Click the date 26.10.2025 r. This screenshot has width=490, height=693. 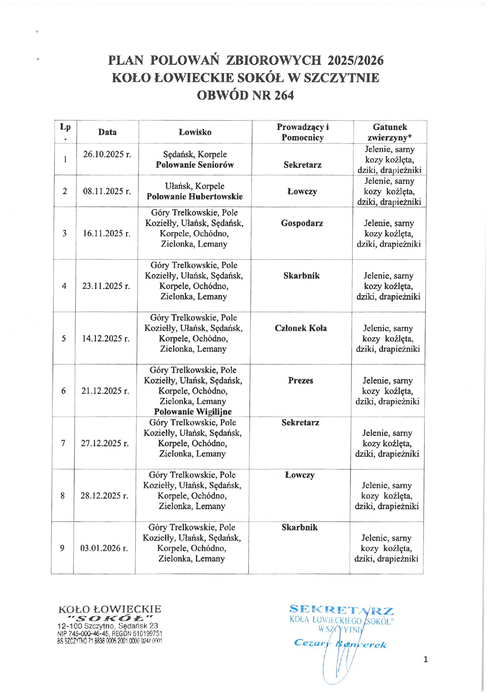click(107, 154)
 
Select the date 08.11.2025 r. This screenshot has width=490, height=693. click(107, 191)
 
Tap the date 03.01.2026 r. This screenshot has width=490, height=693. click(104, 548)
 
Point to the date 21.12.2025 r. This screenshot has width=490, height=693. click(105, 391)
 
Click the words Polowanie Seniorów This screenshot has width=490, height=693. click(195, 165)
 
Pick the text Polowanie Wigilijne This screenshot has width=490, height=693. click(193, 412)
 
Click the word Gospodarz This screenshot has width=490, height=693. click(302, 223)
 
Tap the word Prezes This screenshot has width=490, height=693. click(300, 381)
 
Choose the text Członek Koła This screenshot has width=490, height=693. click(301, 328)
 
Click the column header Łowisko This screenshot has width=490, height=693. click(195, 132)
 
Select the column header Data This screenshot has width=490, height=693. click(107, 132)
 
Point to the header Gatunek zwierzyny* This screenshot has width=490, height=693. click(390, 132)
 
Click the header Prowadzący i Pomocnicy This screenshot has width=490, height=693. click(302, 132)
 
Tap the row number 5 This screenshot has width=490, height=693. click(64, 338)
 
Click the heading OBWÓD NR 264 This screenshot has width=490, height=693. click(245, 95)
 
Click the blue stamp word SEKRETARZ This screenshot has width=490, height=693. click(341, 610)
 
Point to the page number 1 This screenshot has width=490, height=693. click(426, 659)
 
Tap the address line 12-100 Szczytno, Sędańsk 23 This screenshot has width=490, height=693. click(107, 626)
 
